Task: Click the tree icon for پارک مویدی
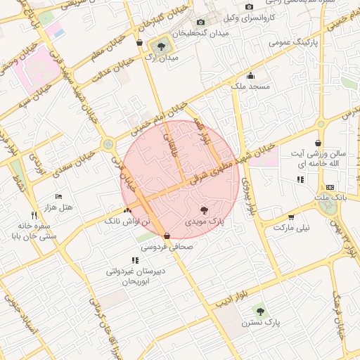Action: tap(205, 210)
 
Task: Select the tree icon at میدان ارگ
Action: tap(162, 46)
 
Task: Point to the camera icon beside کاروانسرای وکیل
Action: tap(250, 7)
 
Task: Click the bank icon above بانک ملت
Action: tap(330, 187)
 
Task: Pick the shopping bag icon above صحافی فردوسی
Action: tap(167, 236)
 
